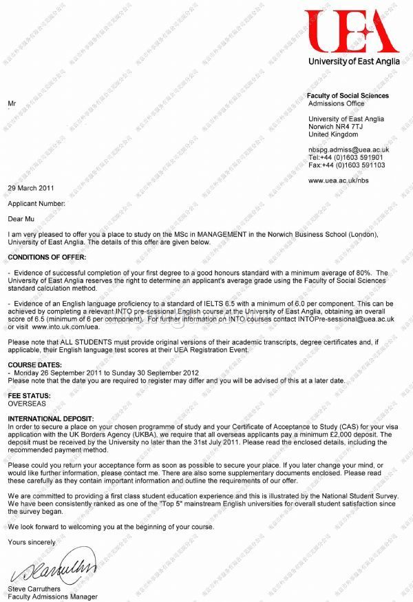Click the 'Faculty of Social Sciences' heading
[x=347, y=96]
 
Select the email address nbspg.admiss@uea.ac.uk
[x=349, y=149]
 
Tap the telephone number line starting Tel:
[x=346, y=158]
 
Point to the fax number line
[x=346, y=165]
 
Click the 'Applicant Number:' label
[x=36, y=204]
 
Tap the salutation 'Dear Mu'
[x=21, y=219]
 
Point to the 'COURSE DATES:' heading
[x=32, y=366]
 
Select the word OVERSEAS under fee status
[x=27, y=404]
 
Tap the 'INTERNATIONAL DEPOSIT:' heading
[x=50, y=419]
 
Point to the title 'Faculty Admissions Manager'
[x=52, y=596]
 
